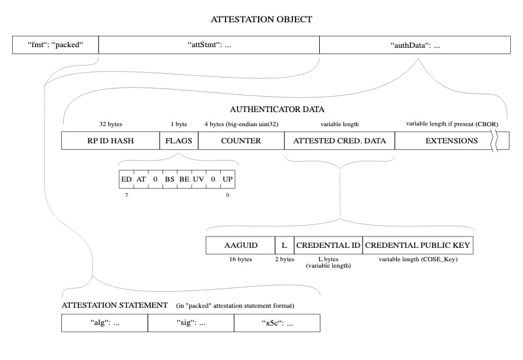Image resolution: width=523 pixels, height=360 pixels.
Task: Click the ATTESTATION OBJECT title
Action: click(x=261, y=19)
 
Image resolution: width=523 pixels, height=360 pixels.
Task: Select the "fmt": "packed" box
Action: click(x=55, y=45)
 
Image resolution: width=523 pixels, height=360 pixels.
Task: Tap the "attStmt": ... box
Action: click(x=208, y=45)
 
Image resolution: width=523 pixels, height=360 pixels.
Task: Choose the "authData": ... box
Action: click(x=415, y=45)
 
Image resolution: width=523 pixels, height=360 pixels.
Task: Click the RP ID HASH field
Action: click(x=110, y=140)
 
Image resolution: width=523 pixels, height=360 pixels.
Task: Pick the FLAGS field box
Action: click(x=178, y=140)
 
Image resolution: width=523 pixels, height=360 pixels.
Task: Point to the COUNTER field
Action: click(x=241, y=140)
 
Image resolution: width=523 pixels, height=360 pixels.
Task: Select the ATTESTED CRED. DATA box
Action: click(x=340, y=140)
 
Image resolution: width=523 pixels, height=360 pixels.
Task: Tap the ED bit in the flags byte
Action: click(x=126, y=180)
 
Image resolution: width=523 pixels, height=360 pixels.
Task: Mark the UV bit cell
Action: click(x=198, y=180)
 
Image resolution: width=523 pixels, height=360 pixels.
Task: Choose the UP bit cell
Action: click(x=227, y=180)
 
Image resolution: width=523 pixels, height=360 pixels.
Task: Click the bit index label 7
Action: click(x=126, y=194)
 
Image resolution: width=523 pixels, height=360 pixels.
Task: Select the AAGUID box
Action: click(x=240, y=245)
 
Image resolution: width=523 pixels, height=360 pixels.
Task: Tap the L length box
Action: click(x=284, y=245)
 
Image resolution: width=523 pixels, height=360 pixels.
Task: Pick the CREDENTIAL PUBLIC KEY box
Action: click(x=419, y=245)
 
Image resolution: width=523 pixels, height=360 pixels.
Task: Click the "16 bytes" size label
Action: click(x=240, y=259)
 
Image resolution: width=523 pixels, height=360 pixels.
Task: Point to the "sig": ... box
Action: click(x=190, y=323)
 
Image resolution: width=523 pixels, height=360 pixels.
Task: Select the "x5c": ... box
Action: click(x=277, y=323)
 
